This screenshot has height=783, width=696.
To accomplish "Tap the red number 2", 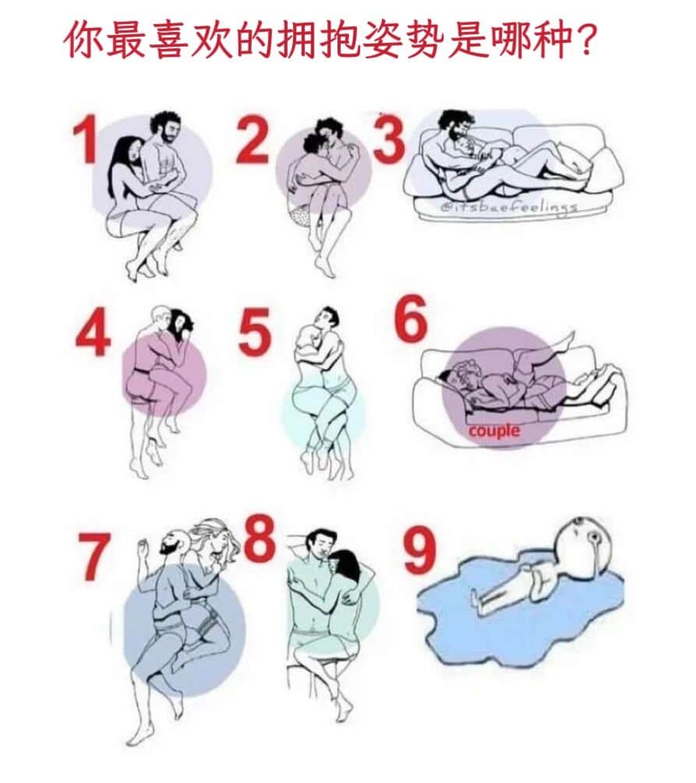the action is click(253, 141).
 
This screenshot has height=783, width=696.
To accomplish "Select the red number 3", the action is click(389, 141).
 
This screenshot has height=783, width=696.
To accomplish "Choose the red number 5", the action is click(254, 331).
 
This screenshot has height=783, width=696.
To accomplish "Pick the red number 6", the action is click(412, 317).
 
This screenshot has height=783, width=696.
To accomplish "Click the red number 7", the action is click(94, 556).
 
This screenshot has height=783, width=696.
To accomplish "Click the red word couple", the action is click(494, 430).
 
